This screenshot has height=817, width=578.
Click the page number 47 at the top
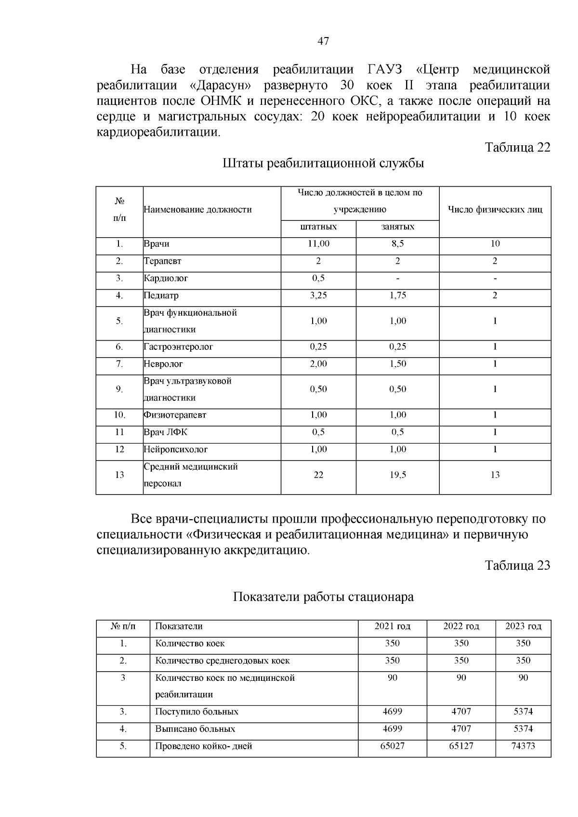tap(323, 41)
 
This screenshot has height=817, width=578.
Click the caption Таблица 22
tap(517, 147)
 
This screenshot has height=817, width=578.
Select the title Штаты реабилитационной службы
tap(323, 163)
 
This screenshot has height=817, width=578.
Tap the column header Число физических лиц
tap(495, 209)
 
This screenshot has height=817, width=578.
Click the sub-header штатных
tap(318, 227)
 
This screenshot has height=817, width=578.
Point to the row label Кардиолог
tap(166, 278)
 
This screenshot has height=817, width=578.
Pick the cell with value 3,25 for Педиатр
tap(318, 295)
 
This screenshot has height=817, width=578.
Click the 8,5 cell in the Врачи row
tap(397, 244)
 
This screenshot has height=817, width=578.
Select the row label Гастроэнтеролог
tap(178, 346)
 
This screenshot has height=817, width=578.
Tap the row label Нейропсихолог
tap(176, 449)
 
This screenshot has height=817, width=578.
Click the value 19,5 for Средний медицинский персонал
tap(397, 475)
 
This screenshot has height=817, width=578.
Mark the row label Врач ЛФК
tap(166, 432)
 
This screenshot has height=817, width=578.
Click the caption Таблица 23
tap(517, 565)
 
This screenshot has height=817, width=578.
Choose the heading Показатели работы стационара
tap(323, 597)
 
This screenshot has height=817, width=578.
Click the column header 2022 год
tap(461, 626)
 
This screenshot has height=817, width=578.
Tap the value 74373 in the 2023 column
tap(523, 746)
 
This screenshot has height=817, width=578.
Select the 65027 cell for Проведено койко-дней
tap(392, 746)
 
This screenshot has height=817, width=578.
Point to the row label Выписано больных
tap(195, 729)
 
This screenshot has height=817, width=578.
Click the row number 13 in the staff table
tap(119, 475)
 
